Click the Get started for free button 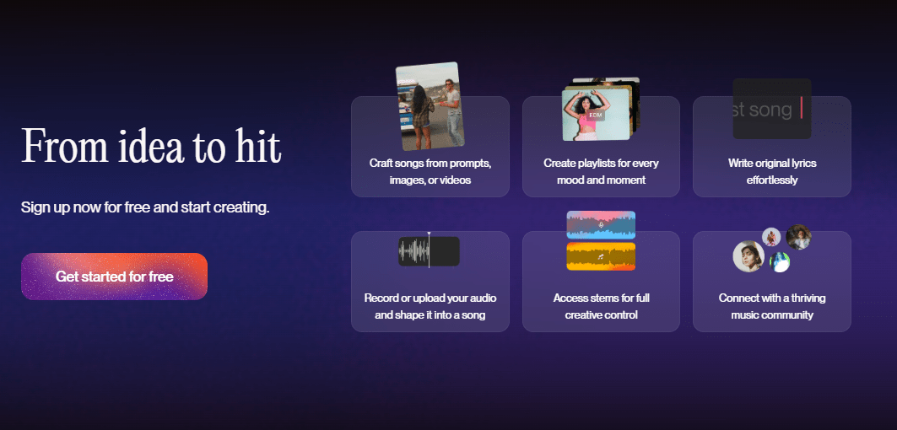click(x=115, y=277)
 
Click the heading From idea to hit click(x=151, y=147)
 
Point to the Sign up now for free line click(x=145, y=207)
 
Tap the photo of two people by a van click(x=430, y=106)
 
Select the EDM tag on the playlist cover click(x=596, y=115)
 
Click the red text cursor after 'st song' click(x=802, y=108)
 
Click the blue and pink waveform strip click(x=601, y=225)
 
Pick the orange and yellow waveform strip click(x=601, y=256)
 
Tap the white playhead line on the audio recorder click(x=429, y=250)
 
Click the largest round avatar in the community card click(x=748, y=256)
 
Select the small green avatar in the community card click(x=780, y=262)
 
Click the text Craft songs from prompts click(x=430, y=163)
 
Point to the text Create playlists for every click(x=602, y=163)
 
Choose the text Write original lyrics click(x=772, y=163)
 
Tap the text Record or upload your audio click(x=430, y=298)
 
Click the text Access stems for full click(x=602, y=298)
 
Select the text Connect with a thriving click(x=772, y=298)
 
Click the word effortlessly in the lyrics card click(x=772, y=180)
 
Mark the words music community click(x=772, y=315)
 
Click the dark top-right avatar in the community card click(x=798, y=237)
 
